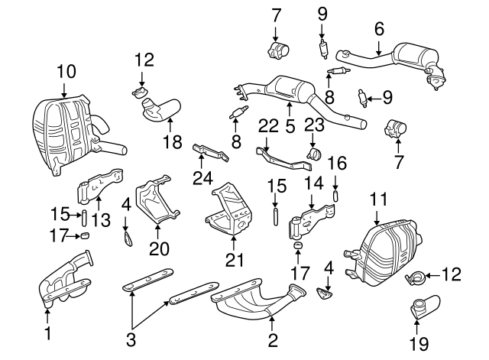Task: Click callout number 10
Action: (x=66, y=72)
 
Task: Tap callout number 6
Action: (x=379, y=29)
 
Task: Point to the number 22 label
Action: (x=268, y=125)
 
